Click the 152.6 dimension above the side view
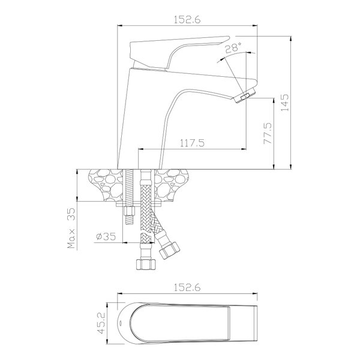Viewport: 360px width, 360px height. point(187,20)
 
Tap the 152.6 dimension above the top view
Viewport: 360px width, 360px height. point(187,287)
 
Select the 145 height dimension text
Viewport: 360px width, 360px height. point(284,103)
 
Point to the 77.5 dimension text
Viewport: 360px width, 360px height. point(268,133)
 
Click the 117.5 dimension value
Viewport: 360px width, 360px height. point(192,143)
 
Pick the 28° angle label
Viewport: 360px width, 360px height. point(233,48)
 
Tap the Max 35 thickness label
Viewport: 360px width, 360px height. point(71,228)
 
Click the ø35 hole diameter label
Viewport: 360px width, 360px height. point(106,236)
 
